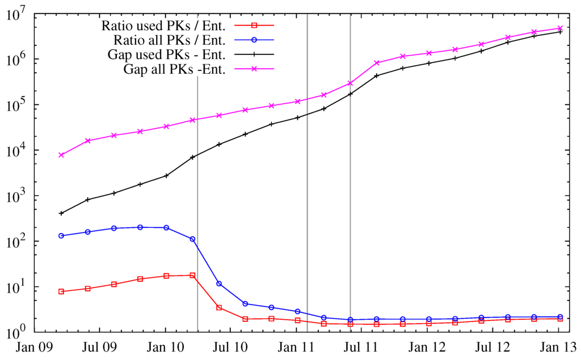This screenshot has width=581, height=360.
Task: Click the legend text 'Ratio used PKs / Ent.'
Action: pos(164,26)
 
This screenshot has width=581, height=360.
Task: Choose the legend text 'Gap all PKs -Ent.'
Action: pos(175,70)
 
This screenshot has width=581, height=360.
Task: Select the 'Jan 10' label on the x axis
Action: pos(165,347)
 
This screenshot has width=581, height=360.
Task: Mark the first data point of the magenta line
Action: pos(61,155)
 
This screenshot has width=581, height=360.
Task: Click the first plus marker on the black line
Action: pos(61,213)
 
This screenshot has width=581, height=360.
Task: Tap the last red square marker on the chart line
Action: pos(560,319)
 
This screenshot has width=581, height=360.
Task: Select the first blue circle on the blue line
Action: pos(61,236)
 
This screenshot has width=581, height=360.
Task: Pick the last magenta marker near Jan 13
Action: pos(560,28)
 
